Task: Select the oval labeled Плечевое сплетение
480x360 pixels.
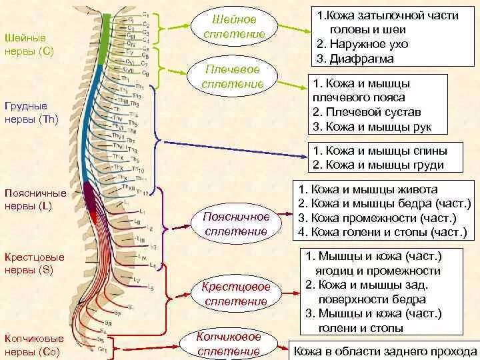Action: pyautogui.click(x=233, y=77)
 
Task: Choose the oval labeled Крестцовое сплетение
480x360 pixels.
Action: pyautogui.click(x=236, y=294)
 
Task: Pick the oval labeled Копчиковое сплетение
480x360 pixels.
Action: pyautogui.click(x=228, y=343)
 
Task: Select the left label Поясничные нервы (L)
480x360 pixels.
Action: pyautogui.click(x=35, y=199)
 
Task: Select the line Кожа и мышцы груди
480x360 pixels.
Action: pyautogui.click(x=378, y=165)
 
